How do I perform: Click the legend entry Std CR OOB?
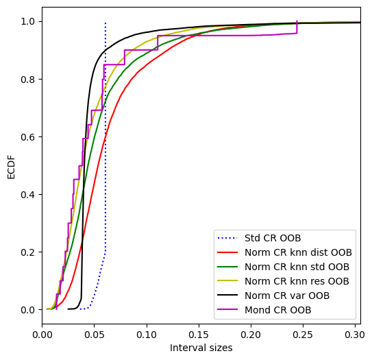[x=273, y=238]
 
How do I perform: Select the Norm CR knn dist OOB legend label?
[x=298, y=252]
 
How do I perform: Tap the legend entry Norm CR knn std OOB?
[x=297, y=267]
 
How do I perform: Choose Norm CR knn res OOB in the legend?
[x=297, y=281]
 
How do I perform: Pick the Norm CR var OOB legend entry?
[x=287, y=296]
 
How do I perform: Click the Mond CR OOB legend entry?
[x=278, y=310]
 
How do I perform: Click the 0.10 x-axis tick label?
[x=147, y=335]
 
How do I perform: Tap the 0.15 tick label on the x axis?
[x=199, y=335]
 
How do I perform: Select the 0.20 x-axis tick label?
[x=251, y=335]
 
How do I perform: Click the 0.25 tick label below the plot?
[x=303, y=335]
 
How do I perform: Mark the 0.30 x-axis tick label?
[x=355, y=335]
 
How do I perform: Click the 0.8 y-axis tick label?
[x=28, y=80]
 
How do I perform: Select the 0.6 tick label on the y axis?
[x=28, y=137]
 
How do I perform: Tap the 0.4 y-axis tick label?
[x=28, y=195]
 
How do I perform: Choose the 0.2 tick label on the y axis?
[x=28, y=252]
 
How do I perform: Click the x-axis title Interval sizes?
[x=201, y=348]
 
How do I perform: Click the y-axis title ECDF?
[x=11, y=167]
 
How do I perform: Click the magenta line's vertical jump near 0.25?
[x=297, y=27]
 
